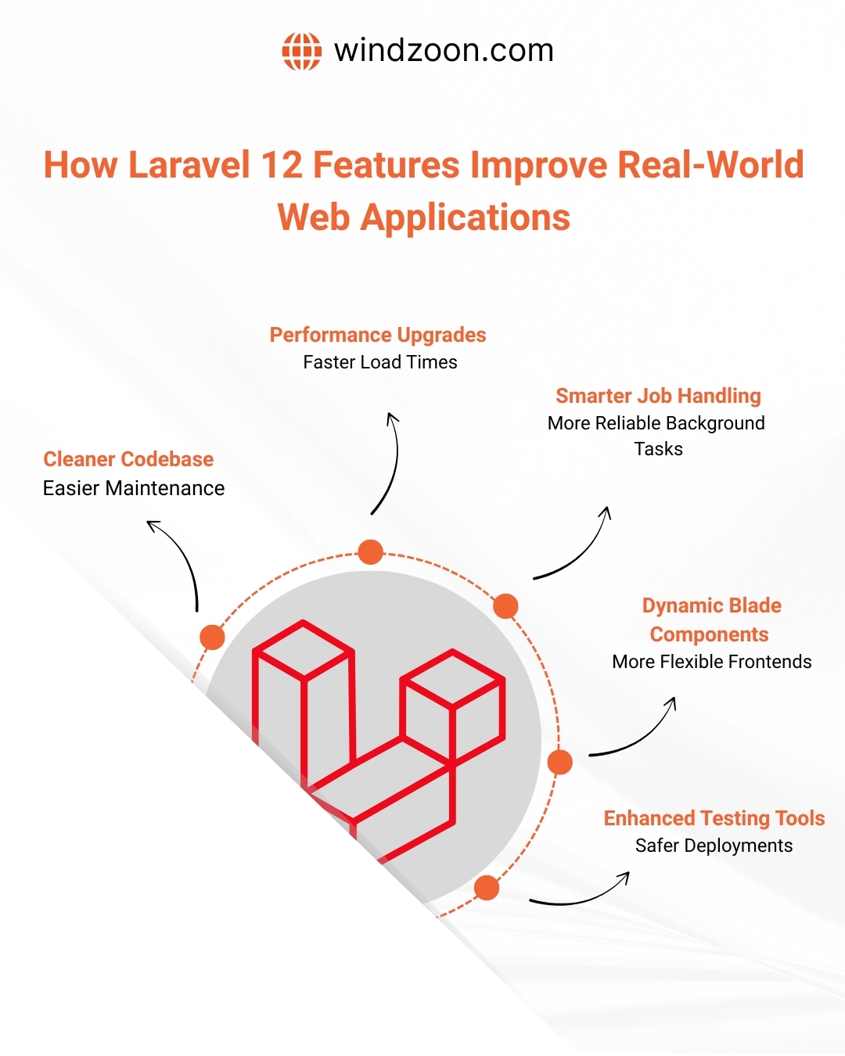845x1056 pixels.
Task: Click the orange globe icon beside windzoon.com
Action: click(x=301, y=52)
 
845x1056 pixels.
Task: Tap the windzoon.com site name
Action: click(x=444, y=51)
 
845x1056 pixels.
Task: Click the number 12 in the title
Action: click(x=281, y=165)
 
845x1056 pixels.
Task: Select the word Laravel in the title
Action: click(x=187, y=165)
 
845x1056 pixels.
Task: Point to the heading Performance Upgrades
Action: click(x=378, y=335)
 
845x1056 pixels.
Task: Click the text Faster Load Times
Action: click(x=380, y=362)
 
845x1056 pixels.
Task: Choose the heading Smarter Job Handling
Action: click(x=658, y=396)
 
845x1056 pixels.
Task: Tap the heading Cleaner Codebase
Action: click(x=128, y=459)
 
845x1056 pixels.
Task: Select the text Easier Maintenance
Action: click(x=134, y=488)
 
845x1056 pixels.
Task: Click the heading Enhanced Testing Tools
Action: click(x=714, y=818)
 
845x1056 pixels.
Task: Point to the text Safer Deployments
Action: click(x=714, y=846)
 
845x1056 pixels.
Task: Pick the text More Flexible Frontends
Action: click(x=712, y=662)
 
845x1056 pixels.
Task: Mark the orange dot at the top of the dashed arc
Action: click(x=370, y=552)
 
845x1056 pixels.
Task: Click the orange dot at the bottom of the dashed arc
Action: click(x=487, y=888)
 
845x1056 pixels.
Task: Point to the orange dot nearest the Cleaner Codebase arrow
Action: click(x=212, y=637)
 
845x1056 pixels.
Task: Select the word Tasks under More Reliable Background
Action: click(x=658, y=449)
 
